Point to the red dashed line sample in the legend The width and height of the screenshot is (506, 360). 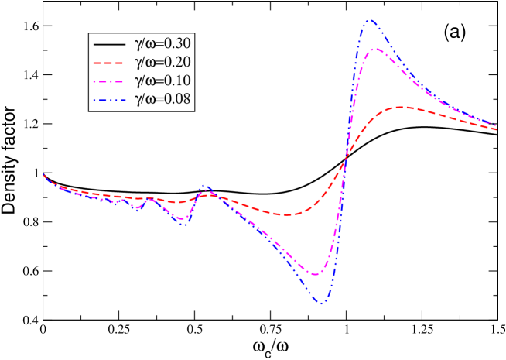click(108, 63)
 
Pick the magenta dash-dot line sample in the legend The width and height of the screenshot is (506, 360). click(108, 81)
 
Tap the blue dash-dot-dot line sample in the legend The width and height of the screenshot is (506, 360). click(108, 99)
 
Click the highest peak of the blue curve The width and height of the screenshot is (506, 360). click(371, 20)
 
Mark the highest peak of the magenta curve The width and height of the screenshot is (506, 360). click(375, 50)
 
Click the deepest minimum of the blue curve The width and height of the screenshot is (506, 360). click(320, 303)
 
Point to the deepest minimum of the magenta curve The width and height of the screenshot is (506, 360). click(316, 274)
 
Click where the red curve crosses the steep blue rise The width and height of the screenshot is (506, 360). click(344, 164)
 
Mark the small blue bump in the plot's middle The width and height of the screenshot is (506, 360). click(205, 186)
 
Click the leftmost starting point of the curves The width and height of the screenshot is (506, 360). click(44, 175)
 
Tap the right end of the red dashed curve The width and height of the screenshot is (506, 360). click(497, 129)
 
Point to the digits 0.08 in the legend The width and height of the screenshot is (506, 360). click(177, 99)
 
